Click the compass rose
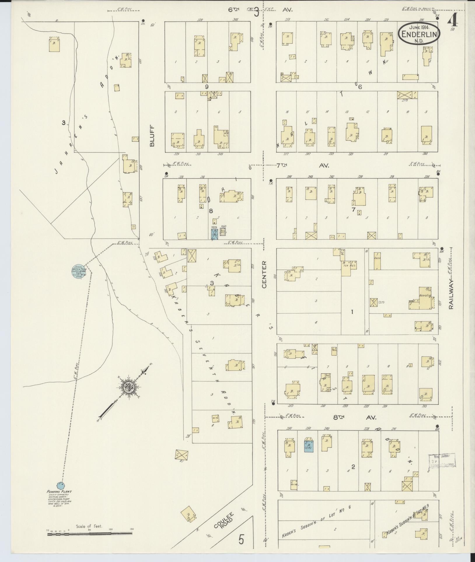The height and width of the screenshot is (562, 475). coord(128,387)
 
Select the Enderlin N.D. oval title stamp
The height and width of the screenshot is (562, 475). coord(419,34)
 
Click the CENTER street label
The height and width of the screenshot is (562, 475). coord(264,274)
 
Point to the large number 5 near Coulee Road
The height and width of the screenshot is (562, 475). coord(241,539)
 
